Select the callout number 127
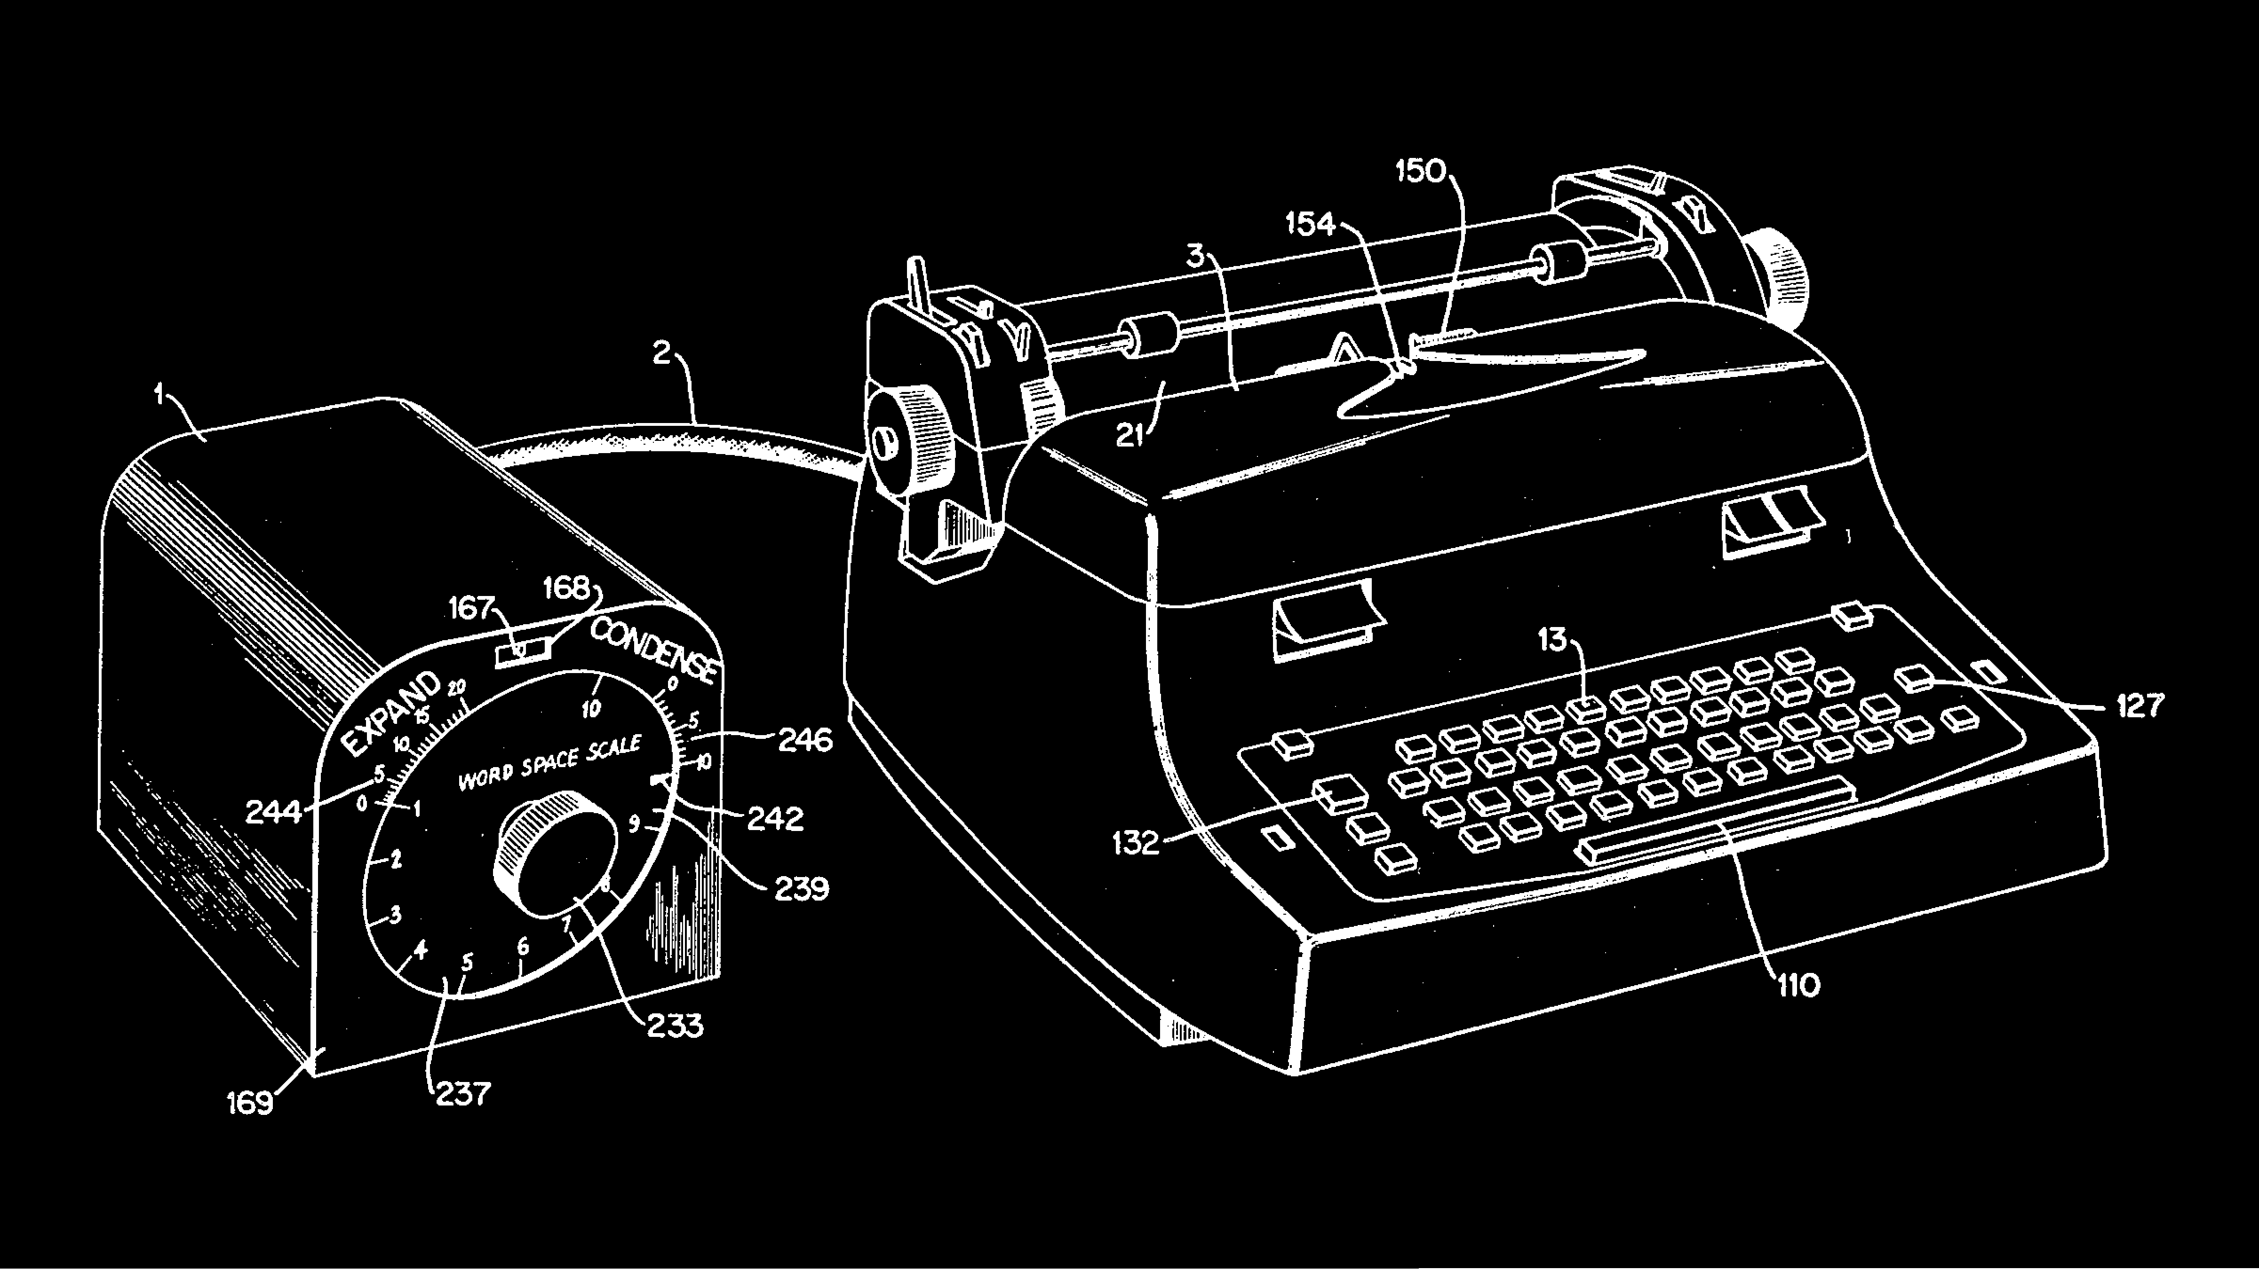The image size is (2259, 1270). (2140, 706)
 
